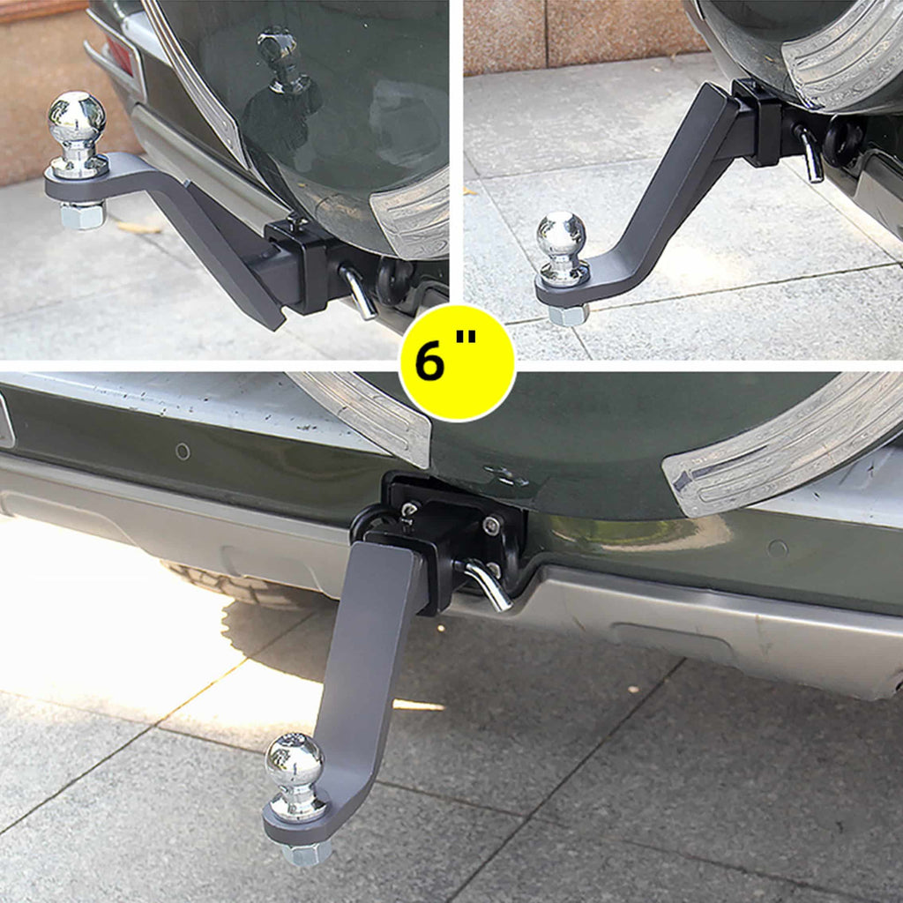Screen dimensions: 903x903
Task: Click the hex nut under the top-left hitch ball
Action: [x=82, y=214]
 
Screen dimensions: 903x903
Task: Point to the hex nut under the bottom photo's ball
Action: [x=306, y=852]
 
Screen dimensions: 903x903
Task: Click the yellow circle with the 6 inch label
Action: [x=457, y=362]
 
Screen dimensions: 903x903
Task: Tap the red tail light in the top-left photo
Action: [x=120, y=55]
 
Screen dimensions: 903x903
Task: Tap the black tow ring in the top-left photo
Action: [x=394, y=280]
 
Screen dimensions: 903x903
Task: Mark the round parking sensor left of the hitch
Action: [x=183, y=451]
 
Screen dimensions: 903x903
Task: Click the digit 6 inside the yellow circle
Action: [x=431, y=361]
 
